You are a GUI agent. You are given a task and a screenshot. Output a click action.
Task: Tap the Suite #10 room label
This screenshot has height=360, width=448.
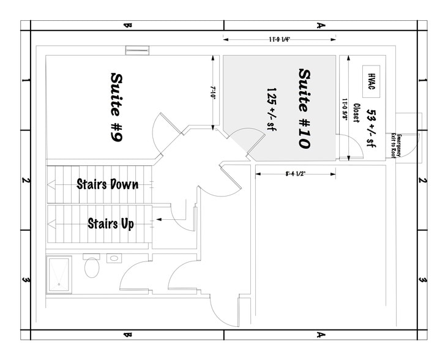pos(305,108)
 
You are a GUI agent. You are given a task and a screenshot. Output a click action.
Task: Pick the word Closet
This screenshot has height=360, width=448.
pos(356,112)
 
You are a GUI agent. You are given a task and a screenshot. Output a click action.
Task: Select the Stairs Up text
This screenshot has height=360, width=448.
pos(111,223)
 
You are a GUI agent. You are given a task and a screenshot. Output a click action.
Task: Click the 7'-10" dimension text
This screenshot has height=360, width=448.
pos(214,92)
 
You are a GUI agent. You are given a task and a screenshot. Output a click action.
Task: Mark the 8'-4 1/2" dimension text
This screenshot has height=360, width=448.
pos(296,174)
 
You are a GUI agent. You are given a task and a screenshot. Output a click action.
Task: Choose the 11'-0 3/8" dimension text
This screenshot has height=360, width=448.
pos(346,110)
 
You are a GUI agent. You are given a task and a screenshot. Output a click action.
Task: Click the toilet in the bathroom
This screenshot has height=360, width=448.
pos(92,266)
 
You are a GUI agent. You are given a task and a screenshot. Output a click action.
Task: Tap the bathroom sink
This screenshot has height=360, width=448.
pos(113,258)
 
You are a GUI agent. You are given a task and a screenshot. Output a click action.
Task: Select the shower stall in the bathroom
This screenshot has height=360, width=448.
pos(59,274)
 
